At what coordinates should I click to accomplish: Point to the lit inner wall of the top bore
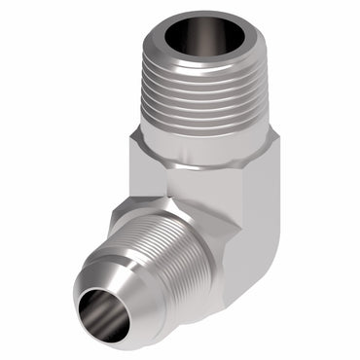point(219,44)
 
